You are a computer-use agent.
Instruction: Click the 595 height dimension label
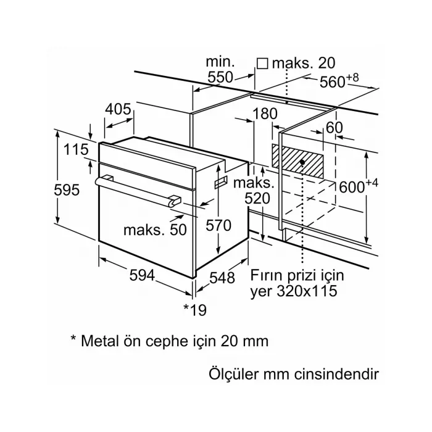67,190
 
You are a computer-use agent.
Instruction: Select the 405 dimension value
118,110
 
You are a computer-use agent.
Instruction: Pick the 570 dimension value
218,226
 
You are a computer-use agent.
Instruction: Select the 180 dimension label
265,114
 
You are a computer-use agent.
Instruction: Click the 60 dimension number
334,127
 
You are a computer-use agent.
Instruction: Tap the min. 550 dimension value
220,69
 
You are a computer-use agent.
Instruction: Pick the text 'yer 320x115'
294,291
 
